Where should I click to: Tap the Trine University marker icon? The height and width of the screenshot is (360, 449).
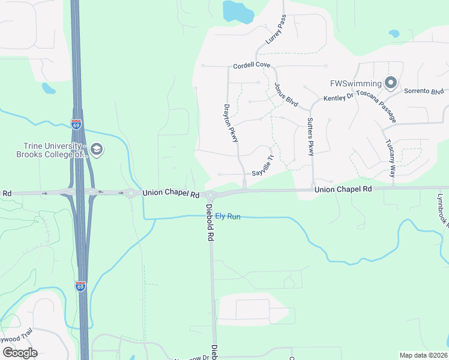coord(97,149)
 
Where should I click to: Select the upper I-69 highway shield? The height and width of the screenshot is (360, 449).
coord(76,125)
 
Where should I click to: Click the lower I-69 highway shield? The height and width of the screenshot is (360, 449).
coord(80,286)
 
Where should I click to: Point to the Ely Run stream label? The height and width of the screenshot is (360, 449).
coord(228,216)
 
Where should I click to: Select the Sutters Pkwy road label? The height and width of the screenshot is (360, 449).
coord(310,137)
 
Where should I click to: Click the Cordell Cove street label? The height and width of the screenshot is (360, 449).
coord(252,65)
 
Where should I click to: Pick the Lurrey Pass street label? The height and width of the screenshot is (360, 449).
coord(276,31)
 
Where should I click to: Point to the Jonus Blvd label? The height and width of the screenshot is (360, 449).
coord(286,95)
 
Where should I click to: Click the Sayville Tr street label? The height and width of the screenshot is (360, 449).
coord(263,165)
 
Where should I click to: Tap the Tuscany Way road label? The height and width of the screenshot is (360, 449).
coord(391,158)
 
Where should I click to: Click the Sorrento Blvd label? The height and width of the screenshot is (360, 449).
coord(424,91)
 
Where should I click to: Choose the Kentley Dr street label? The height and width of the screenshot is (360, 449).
coord(337,97)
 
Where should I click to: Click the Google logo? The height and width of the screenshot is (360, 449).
coord(20,353)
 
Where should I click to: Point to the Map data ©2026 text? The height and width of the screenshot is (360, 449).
coord(423,355)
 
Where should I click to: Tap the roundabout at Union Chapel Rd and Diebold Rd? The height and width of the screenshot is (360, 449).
coord(210,194)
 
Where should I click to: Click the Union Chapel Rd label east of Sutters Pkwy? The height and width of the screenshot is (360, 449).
coord(343,188)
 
